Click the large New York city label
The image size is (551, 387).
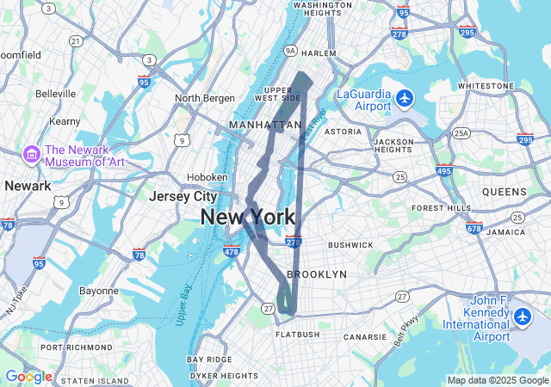248,218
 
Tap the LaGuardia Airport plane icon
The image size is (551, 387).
405,99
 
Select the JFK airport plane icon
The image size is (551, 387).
522,317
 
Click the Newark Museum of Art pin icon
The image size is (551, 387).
32,154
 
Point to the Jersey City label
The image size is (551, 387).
183,197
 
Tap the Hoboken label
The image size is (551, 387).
207,177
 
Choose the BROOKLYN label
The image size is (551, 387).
316,274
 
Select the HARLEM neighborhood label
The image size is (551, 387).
319,53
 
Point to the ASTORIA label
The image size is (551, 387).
343,132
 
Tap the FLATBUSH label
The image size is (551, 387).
297,335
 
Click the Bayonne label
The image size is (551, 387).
98,291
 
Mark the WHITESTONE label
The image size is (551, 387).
486,86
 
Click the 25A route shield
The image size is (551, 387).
461,132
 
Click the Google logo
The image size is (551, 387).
28,377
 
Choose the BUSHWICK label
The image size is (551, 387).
350,245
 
